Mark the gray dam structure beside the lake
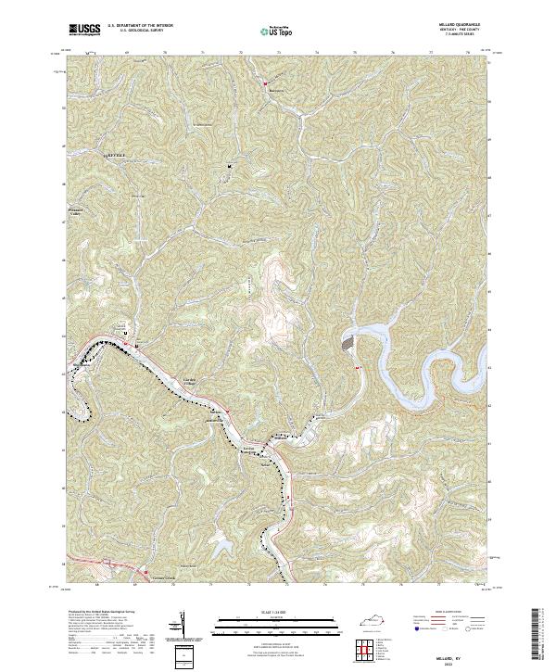point(348,342)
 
